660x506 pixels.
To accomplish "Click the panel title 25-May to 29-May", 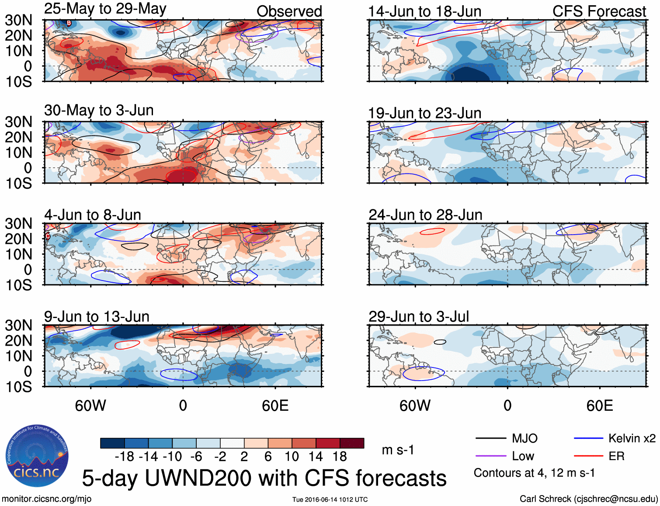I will coord(105,9).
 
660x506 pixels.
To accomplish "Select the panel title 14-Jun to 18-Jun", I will coord(424,12).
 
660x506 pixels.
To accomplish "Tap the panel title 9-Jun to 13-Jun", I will coord(97,317).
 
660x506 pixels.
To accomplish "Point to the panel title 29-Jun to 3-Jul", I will coord(419,317).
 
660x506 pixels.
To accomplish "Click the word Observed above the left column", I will coord(289,12).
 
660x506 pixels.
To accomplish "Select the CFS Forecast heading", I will coord(599,12).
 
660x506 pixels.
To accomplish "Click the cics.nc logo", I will coord(37,456).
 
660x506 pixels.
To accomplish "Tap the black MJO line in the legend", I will coord(490,438).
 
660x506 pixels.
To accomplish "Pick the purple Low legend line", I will coord(490,456).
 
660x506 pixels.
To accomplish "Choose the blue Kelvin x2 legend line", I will coord(588,438).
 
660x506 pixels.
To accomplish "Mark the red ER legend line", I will coord(588,456).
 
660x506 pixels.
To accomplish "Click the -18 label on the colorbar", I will coord(125,457).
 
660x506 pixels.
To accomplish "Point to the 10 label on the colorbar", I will coord(292,457).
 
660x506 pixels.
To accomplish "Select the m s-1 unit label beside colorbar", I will coord(398,450).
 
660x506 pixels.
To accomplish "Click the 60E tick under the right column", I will coord(599,406).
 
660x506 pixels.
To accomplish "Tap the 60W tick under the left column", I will coord(90,406).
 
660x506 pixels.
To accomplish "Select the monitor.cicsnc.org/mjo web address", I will coord(46,499).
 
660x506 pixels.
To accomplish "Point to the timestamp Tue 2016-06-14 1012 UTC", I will coord(330,499).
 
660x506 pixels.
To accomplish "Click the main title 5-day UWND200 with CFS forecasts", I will coord(264,478).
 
